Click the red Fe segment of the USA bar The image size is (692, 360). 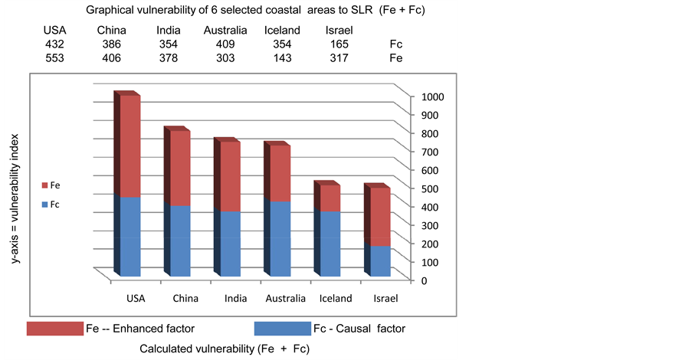pos(130,146)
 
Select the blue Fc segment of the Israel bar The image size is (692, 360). pos(381,261)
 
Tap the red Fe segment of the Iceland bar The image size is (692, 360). pos(330,198)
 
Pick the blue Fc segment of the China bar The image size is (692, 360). pos(180,241)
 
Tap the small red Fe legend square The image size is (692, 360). pos(45,185)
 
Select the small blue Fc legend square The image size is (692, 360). pos(45,205)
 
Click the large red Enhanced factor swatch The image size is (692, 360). pos(54,329)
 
